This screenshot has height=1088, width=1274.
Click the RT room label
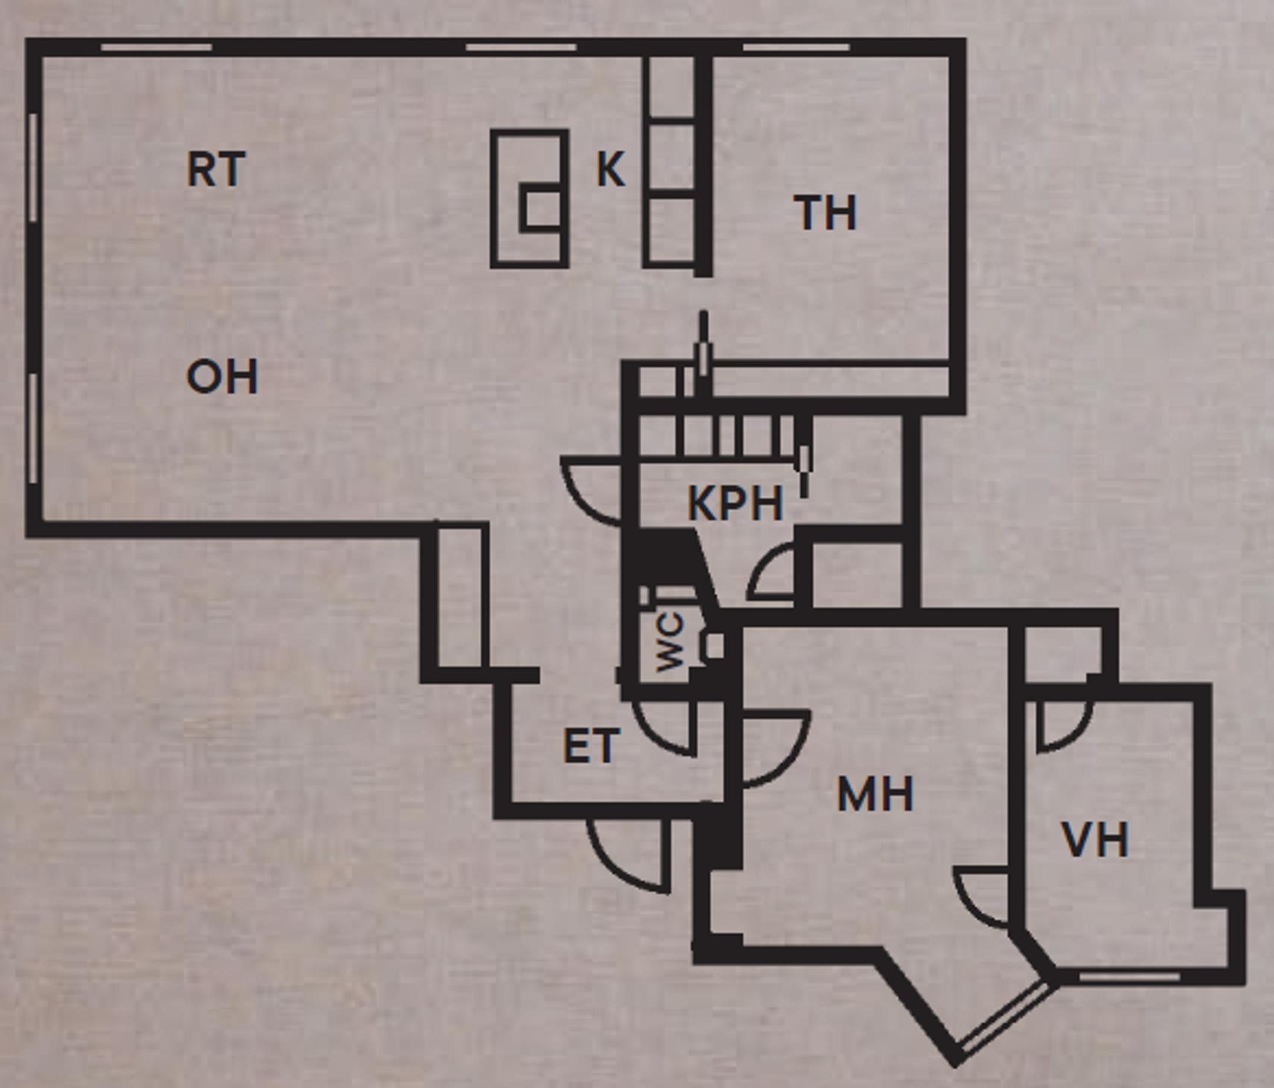[x=216, y=170]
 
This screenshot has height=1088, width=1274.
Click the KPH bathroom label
[x=735, y=503]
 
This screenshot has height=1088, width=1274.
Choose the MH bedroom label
[x=875, y=794]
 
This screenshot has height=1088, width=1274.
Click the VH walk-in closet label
[x=1095, y=840]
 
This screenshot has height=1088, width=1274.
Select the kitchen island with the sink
[x=529, y=198]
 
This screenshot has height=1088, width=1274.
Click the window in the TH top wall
[x=796, y=47]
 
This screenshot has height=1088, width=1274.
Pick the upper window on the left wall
[x=32, y=167]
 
